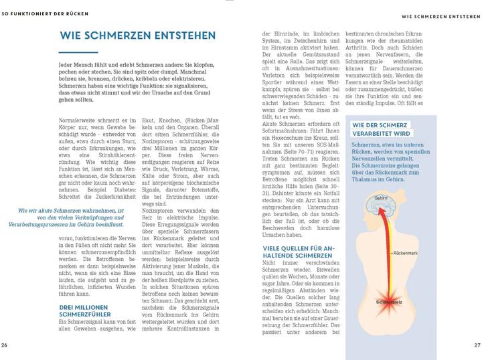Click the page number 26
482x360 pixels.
pos(5,345)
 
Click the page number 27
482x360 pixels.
pos(477,345)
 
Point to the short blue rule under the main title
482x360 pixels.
pos(73,52)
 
